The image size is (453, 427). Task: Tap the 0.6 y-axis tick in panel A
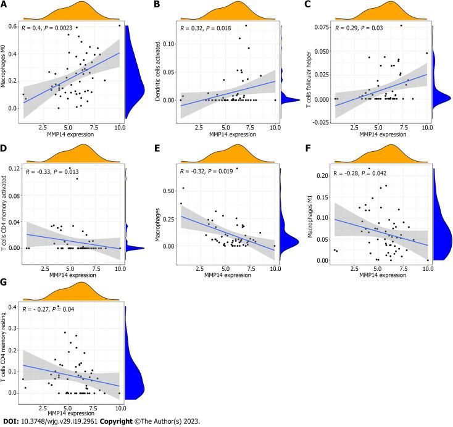(x=13, y=26)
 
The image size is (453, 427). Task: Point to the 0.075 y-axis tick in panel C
(x=321, y=28)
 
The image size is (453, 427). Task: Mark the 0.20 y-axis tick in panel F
(x=322, y=176)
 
